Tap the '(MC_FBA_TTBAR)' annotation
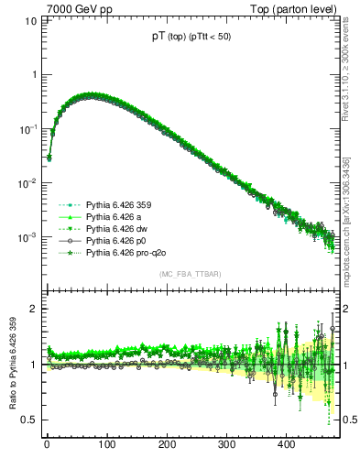click(191, 274)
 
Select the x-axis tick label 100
click(106, 444)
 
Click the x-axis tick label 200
click(167, 444)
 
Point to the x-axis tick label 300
click(226, 444)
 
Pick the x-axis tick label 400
click(286, 444)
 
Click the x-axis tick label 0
click(47, 444)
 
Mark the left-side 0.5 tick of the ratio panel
click(30, 420)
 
